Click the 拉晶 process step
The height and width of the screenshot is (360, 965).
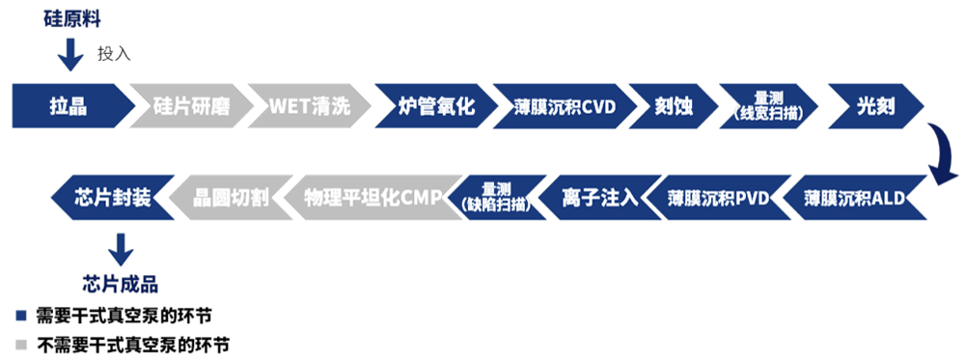[x=69, y=106]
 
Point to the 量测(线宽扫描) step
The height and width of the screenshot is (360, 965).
[x=766, y=106]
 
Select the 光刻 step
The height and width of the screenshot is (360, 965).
[x=873, y=106]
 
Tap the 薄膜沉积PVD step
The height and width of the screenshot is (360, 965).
[x=718, y=198]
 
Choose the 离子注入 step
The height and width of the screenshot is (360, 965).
[x=599, y=198]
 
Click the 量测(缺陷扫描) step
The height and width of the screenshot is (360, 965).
[x=497, y=198]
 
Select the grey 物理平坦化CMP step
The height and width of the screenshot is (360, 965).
[x=371, y=198]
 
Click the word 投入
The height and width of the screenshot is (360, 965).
[x=113, y=53]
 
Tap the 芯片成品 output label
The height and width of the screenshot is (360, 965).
[x=120, y=283]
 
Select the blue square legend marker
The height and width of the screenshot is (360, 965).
[x=20, y=316]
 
